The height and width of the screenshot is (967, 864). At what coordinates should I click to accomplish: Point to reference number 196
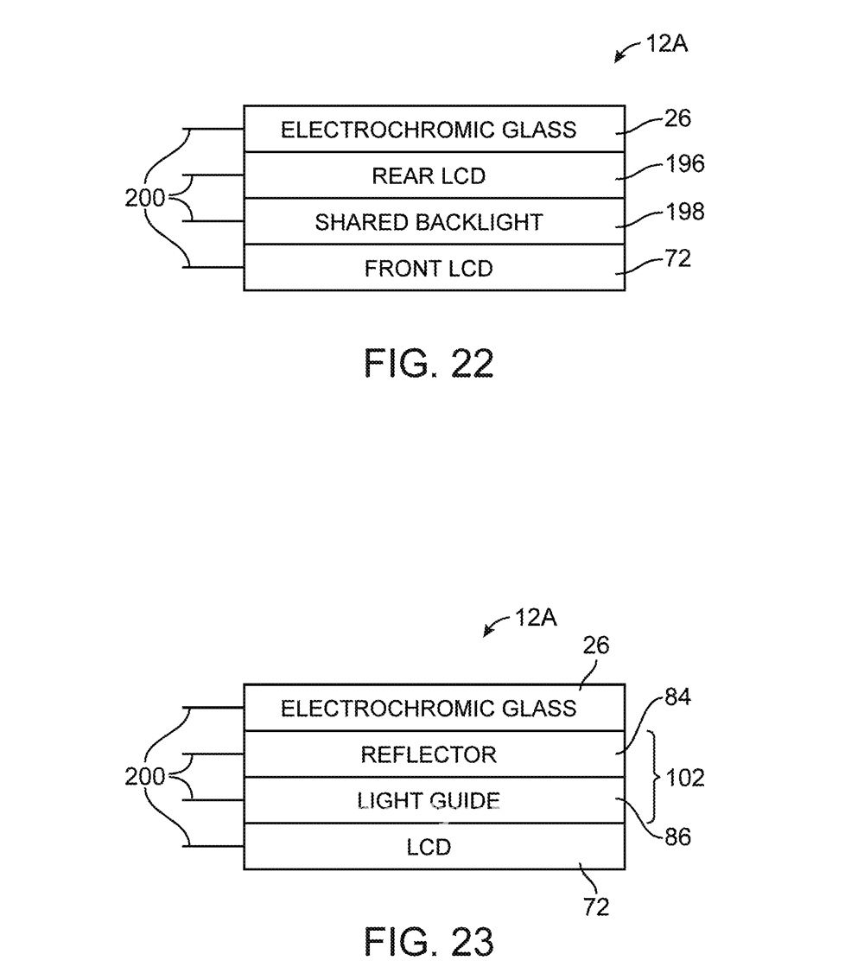coord(685,164)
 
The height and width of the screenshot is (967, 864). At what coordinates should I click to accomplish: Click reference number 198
coord(685,212)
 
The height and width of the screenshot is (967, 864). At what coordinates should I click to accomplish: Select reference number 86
coord(678,837)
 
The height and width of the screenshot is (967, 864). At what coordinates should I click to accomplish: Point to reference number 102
coord(685,778)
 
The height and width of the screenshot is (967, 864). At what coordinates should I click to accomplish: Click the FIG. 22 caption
coord(429,364)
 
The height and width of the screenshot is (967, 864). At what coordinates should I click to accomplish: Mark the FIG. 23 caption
coord(429,940)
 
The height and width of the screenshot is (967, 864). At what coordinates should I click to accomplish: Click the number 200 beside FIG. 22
coord(144,199)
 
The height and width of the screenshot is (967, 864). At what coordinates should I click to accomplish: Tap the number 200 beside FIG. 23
coord(144,777)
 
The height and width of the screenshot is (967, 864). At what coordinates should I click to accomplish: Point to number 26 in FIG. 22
coord(677,118)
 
